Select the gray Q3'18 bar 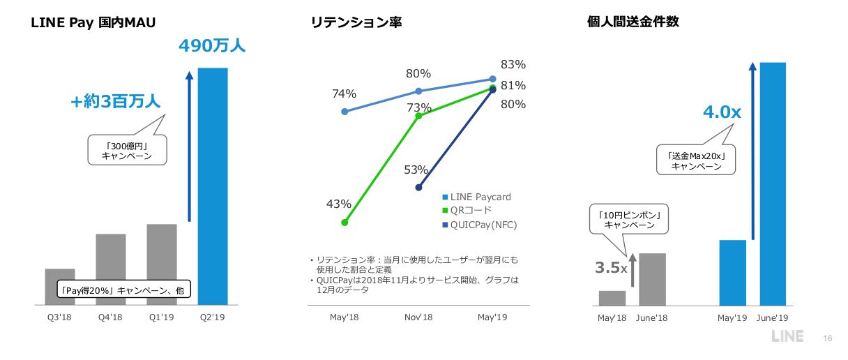tap(59, 287)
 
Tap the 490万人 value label tap(212, 47)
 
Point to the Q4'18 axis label tap(110, 318)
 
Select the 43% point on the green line tap(344, 223)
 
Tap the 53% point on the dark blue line tap(418, 187)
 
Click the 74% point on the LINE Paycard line tap(344, 112)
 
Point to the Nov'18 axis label tap(418, 318)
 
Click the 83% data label tap(513, 64)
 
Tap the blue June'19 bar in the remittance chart tap(773, 183)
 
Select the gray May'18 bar tap(612, 298)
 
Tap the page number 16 tap(828, 338)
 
